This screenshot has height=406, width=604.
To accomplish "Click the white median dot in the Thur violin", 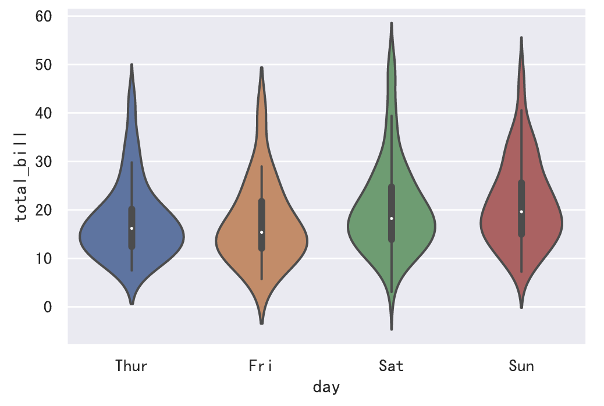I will (x=132, y=228).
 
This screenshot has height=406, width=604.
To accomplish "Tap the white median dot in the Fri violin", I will (x=262, y=232).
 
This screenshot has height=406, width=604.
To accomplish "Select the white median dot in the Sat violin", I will (x=392, y=219).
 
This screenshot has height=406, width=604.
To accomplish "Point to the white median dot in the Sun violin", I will (x=521, y=212).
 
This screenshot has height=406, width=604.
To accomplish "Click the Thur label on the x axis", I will (x=132, y=366).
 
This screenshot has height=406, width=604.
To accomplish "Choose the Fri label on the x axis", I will (x=261, y=366).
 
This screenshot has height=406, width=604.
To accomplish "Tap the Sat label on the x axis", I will (x=391, y=366).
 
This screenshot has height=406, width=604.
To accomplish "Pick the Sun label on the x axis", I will (x=521, y=366).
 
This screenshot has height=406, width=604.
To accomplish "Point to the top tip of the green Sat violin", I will (x=392, y=23).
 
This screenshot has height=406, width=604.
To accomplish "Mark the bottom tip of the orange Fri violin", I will (x=262, y=323).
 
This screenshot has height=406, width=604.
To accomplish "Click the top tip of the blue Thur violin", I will (x=132, y=65).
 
